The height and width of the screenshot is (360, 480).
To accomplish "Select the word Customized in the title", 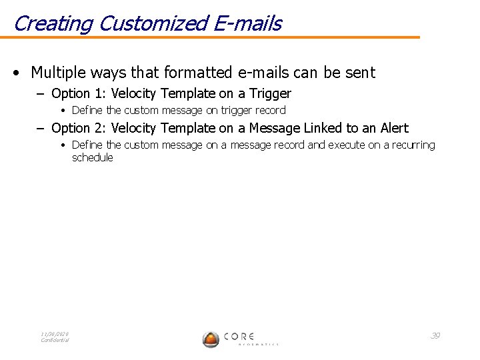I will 153,24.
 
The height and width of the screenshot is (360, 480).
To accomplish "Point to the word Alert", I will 395,128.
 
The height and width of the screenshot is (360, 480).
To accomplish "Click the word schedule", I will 93,158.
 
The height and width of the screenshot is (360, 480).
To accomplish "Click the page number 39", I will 435,335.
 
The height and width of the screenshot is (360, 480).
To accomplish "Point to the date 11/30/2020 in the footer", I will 55,334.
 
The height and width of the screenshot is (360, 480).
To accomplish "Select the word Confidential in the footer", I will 55,341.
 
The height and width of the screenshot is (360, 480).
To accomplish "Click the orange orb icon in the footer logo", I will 211,339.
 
